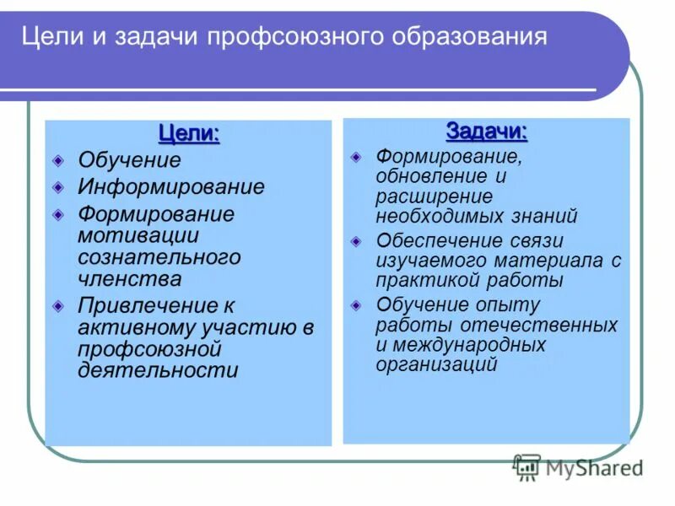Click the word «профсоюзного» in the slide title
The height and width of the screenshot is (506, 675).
[x=305, y=38]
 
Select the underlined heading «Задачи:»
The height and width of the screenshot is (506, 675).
[x=486, y=132]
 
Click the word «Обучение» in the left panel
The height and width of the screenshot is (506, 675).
[x=129, y=160]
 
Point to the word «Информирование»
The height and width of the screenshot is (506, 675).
[x=171, y=186]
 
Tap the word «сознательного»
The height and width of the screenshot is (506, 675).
[x=159, y=256]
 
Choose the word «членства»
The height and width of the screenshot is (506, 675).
[x=129, y=278]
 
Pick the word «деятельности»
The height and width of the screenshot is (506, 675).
[x=158, y=370]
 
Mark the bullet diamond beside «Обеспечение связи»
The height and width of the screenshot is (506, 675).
[x=357, y=240]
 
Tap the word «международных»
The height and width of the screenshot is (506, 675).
[x=468, y=345]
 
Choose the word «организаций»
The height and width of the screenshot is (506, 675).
[x=436, y=364]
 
